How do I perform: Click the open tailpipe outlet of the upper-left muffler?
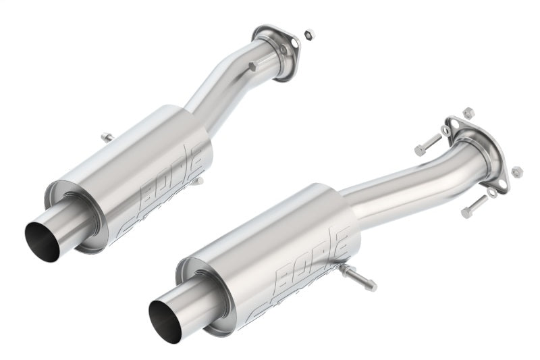[42, 240]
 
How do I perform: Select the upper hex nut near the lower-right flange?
[468, 112]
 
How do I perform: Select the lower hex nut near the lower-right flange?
[517, 172]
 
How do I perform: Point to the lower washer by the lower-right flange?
[493, 192]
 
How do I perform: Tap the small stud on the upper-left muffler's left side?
[107, 138]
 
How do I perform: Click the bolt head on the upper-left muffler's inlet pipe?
[252, 67]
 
